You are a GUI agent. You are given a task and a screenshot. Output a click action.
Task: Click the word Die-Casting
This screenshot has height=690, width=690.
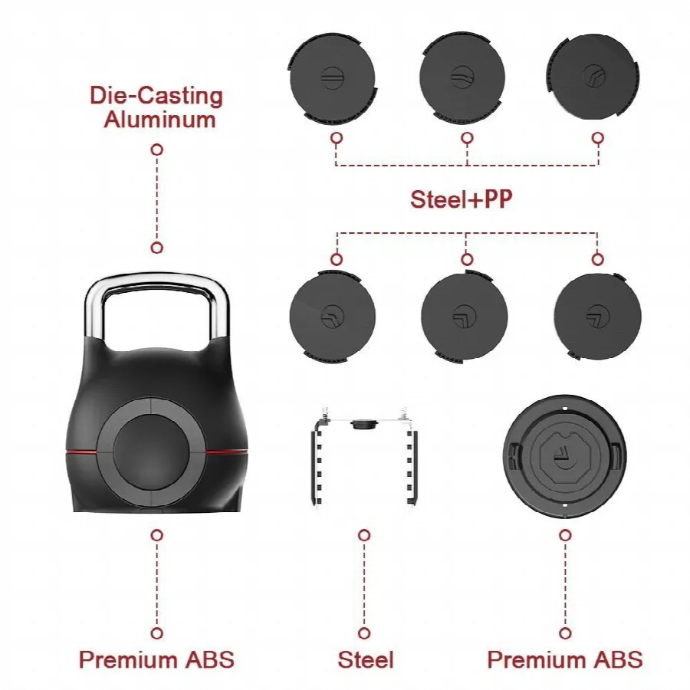156,96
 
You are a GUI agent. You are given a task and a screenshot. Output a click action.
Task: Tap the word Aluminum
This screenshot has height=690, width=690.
159,120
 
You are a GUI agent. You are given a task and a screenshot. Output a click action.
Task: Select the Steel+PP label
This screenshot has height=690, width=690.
462,199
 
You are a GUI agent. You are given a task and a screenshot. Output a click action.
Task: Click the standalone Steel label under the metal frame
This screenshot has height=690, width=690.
365,660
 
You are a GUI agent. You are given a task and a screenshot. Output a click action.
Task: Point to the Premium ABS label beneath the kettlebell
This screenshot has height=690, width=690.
156,659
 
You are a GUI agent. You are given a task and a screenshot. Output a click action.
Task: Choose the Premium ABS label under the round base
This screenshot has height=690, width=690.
565,659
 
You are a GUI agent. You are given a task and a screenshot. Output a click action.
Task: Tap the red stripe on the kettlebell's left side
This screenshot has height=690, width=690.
81,452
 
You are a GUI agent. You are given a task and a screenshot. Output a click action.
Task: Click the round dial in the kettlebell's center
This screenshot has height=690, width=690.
150,452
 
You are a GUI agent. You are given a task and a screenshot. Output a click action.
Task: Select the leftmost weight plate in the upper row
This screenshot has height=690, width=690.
332,78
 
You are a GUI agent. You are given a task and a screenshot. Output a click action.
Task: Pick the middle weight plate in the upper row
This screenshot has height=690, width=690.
462,77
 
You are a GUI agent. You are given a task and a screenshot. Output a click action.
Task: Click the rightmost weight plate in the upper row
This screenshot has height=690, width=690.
593,77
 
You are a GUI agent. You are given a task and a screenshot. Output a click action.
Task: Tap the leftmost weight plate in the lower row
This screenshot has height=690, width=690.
332,316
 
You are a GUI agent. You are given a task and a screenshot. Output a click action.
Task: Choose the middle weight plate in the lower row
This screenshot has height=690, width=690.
465,317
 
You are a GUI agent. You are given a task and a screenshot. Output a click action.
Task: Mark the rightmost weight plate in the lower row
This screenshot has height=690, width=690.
597,317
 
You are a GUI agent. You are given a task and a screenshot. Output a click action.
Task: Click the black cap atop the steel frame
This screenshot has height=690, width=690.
365,424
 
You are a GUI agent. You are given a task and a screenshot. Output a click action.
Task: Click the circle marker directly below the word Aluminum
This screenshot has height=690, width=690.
157,149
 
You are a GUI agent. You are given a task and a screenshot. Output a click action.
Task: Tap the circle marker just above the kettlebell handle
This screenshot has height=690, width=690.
157,248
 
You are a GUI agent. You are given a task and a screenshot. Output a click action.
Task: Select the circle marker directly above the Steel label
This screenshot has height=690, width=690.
364,633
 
